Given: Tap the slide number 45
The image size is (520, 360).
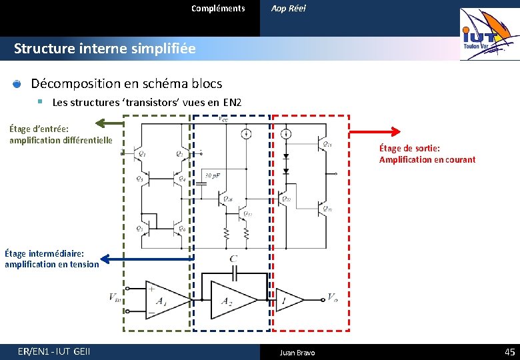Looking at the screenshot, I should [x=510, y=351].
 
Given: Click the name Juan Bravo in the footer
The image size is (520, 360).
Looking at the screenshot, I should [x=297, y=352].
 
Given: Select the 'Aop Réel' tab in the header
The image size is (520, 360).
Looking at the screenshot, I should [x=288, y=9].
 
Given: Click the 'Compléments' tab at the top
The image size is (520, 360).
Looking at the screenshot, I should [x=218, y=9].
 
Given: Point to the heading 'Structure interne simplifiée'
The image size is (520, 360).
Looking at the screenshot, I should [x=105, y=49].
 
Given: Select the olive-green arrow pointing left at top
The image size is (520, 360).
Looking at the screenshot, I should [x=109, y=123].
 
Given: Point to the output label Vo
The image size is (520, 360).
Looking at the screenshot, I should [x=333, y=297].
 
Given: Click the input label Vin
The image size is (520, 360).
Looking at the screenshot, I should [x=116, y=297].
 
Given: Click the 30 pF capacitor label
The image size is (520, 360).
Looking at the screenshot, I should [x=213, y=175].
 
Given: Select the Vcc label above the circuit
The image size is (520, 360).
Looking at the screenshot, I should [x=223, y=119].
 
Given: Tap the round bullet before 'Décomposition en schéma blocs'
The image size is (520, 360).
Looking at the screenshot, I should [x=17, y=84].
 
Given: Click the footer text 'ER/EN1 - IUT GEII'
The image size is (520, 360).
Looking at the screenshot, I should [x=55, y=351].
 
